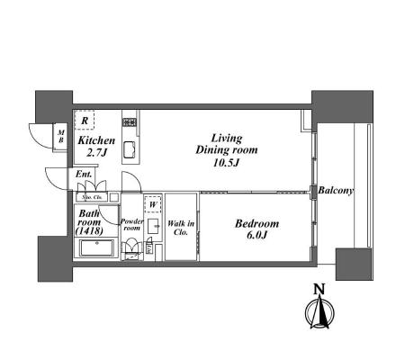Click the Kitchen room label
coord(96,140)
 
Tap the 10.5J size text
coord(226,163)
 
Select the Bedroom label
coord(256,223)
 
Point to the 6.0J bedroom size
coord(256,235)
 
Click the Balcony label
coord(336,191)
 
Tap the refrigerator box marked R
coord(85,120)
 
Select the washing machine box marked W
coord(153,204)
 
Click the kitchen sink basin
coord(130,149)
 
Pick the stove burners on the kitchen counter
coord(130,122)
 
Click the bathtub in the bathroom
coord(97,247)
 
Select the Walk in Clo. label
coord(181,228)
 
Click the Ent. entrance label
coord(84,174)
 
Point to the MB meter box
coord(61,136)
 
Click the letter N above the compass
coord(319,290)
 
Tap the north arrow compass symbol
coord(319,312)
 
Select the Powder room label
coord(132,225)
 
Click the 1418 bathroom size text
coord(89,231)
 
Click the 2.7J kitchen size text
coord(96,153)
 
